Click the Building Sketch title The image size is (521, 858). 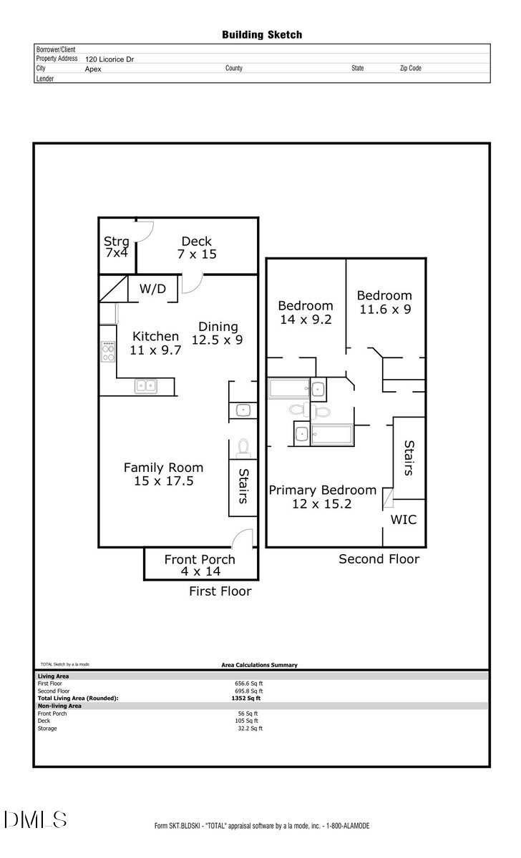pyautogui.click(x=261, y=34)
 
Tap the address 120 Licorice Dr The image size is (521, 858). pyautogui.click(x=109, y=60)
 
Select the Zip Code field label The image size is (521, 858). pyautogui.click(x=410, y=69)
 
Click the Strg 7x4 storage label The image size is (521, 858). pyautogui.click(x=117, y=247)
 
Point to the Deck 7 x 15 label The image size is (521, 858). pyautogui.click(x=196, y=247)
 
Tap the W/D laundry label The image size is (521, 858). pyautogui.click(x=152, y=290)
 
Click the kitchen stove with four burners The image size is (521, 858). pyautogui.click(x=109, y=351)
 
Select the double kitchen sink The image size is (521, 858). pyautogui.click(x=146, y=386)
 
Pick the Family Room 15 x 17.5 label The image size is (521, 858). pyautogui.click(x=163, y=474)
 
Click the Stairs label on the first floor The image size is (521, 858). pyautogui.click(x=243, y=486)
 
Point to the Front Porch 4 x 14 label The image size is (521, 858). pyautogui.click(x=200, y=565)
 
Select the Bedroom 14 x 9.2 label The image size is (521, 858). pyautogui.click(x=306, y=312)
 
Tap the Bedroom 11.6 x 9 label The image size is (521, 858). pyautogui.click(x=384, y=302)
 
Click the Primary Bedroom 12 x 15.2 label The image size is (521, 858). pyautogui.click(x=322, y=497)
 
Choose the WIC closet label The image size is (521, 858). pyautogui.click(x=403, y=520)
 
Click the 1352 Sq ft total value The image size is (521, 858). pyautogui.click(x=249, y=698)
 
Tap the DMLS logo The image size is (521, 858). pyautogui.click(x=35, y=819)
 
